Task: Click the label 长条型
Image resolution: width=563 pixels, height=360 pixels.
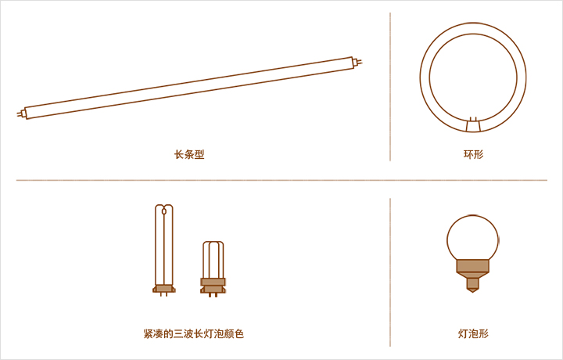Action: click(x=189, y=154)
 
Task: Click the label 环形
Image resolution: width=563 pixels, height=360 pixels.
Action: click(x=473, y=154)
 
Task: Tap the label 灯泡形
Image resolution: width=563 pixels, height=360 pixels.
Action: click(x=473, y=333)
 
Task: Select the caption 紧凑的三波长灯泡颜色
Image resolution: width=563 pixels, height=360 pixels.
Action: click(x=194, y=333)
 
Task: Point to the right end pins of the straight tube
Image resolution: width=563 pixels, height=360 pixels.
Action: click(x=358, y=62)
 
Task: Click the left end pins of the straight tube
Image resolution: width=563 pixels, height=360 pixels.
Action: click(x=21, y=114)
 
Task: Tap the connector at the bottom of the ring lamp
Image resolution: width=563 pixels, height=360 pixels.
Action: click(x=472, y=125)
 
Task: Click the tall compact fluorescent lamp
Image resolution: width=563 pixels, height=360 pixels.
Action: click(x=163, y=243)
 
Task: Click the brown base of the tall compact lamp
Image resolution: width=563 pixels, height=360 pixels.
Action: click(x=163, y=288)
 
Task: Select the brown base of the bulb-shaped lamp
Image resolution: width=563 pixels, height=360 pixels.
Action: click(x=472, y=267)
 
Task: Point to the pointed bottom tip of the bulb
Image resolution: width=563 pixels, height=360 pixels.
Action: click(x=472, y=287)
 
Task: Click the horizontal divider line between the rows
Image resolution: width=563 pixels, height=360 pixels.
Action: click(x=281, y=180)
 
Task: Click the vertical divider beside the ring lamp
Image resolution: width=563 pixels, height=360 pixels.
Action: click(x=390, y=86)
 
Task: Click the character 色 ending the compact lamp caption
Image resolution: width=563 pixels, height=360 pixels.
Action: click(x=239, y=333)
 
